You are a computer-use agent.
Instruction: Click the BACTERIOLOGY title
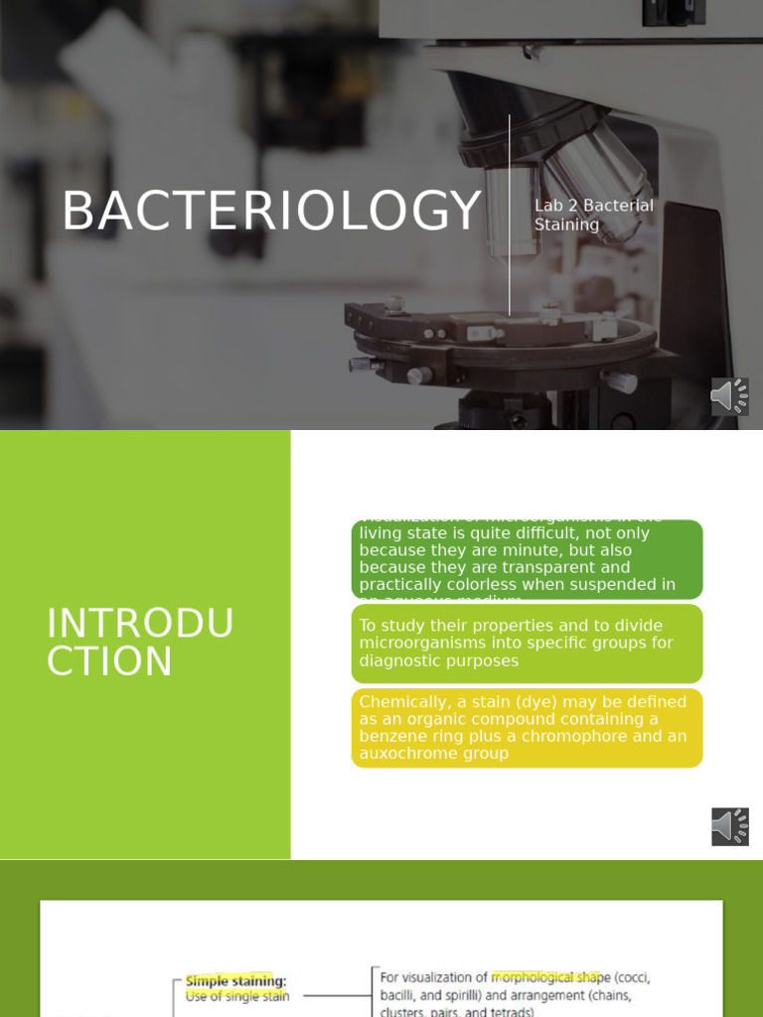pos(271,212)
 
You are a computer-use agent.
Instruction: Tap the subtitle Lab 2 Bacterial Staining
pos(593,215)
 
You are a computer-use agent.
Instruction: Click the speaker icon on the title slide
pos(729,396)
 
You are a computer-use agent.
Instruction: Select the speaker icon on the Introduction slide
pos(729,826)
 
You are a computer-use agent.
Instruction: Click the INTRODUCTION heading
pos(140,643)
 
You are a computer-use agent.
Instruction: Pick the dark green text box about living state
pos(527,559)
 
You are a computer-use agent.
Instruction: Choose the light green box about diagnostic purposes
pos(527,644)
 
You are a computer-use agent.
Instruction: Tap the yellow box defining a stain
pos(527,728)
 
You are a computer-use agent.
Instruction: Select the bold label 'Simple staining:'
pos(236,981)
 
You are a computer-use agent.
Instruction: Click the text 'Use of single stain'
pos(236,996)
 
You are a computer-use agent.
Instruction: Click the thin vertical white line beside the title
pos(510,215)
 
